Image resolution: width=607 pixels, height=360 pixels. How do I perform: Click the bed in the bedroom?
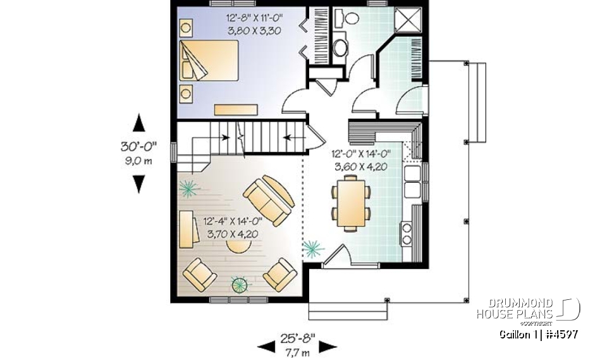[209, 61]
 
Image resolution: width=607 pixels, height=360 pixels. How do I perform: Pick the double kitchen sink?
[412, 181]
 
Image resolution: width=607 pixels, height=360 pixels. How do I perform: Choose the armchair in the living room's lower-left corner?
[199, 276]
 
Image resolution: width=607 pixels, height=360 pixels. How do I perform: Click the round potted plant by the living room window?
[240, 285]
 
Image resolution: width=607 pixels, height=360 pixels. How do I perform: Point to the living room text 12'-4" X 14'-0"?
[233, 222]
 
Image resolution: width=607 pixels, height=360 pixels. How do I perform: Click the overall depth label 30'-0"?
[138, 146]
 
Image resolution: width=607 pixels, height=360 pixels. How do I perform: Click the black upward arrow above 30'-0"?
[138, 123]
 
